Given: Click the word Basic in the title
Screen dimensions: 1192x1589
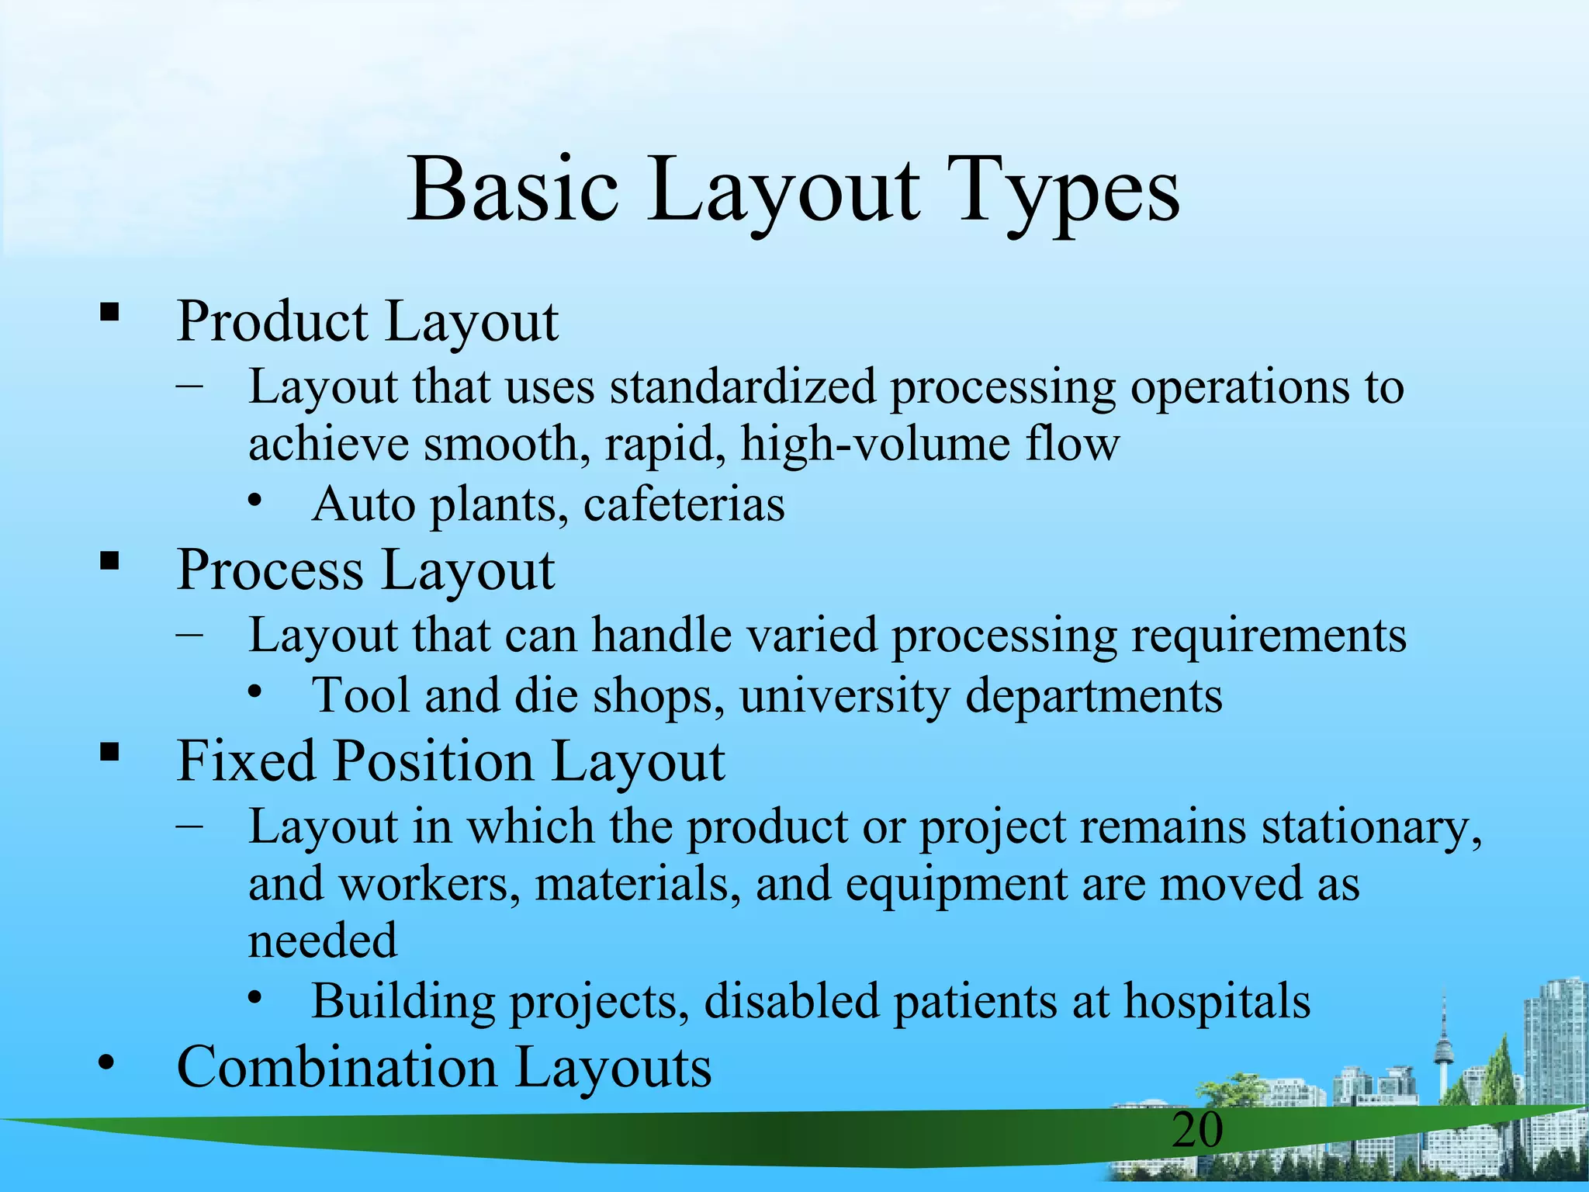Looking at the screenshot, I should [x=513, y=190].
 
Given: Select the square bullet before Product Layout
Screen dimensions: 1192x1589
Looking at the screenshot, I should [x=109, y=313].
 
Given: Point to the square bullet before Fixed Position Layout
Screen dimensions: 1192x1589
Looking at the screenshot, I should [x=109, y=751].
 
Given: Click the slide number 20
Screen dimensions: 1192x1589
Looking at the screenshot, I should [x=1197, y=1129].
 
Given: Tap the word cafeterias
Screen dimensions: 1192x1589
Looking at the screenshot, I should [x=684, y=504].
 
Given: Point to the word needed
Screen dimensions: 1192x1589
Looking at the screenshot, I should [x=322, y=940].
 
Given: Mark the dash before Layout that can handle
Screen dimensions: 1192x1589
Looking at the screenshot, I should [x=190, y=635].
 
